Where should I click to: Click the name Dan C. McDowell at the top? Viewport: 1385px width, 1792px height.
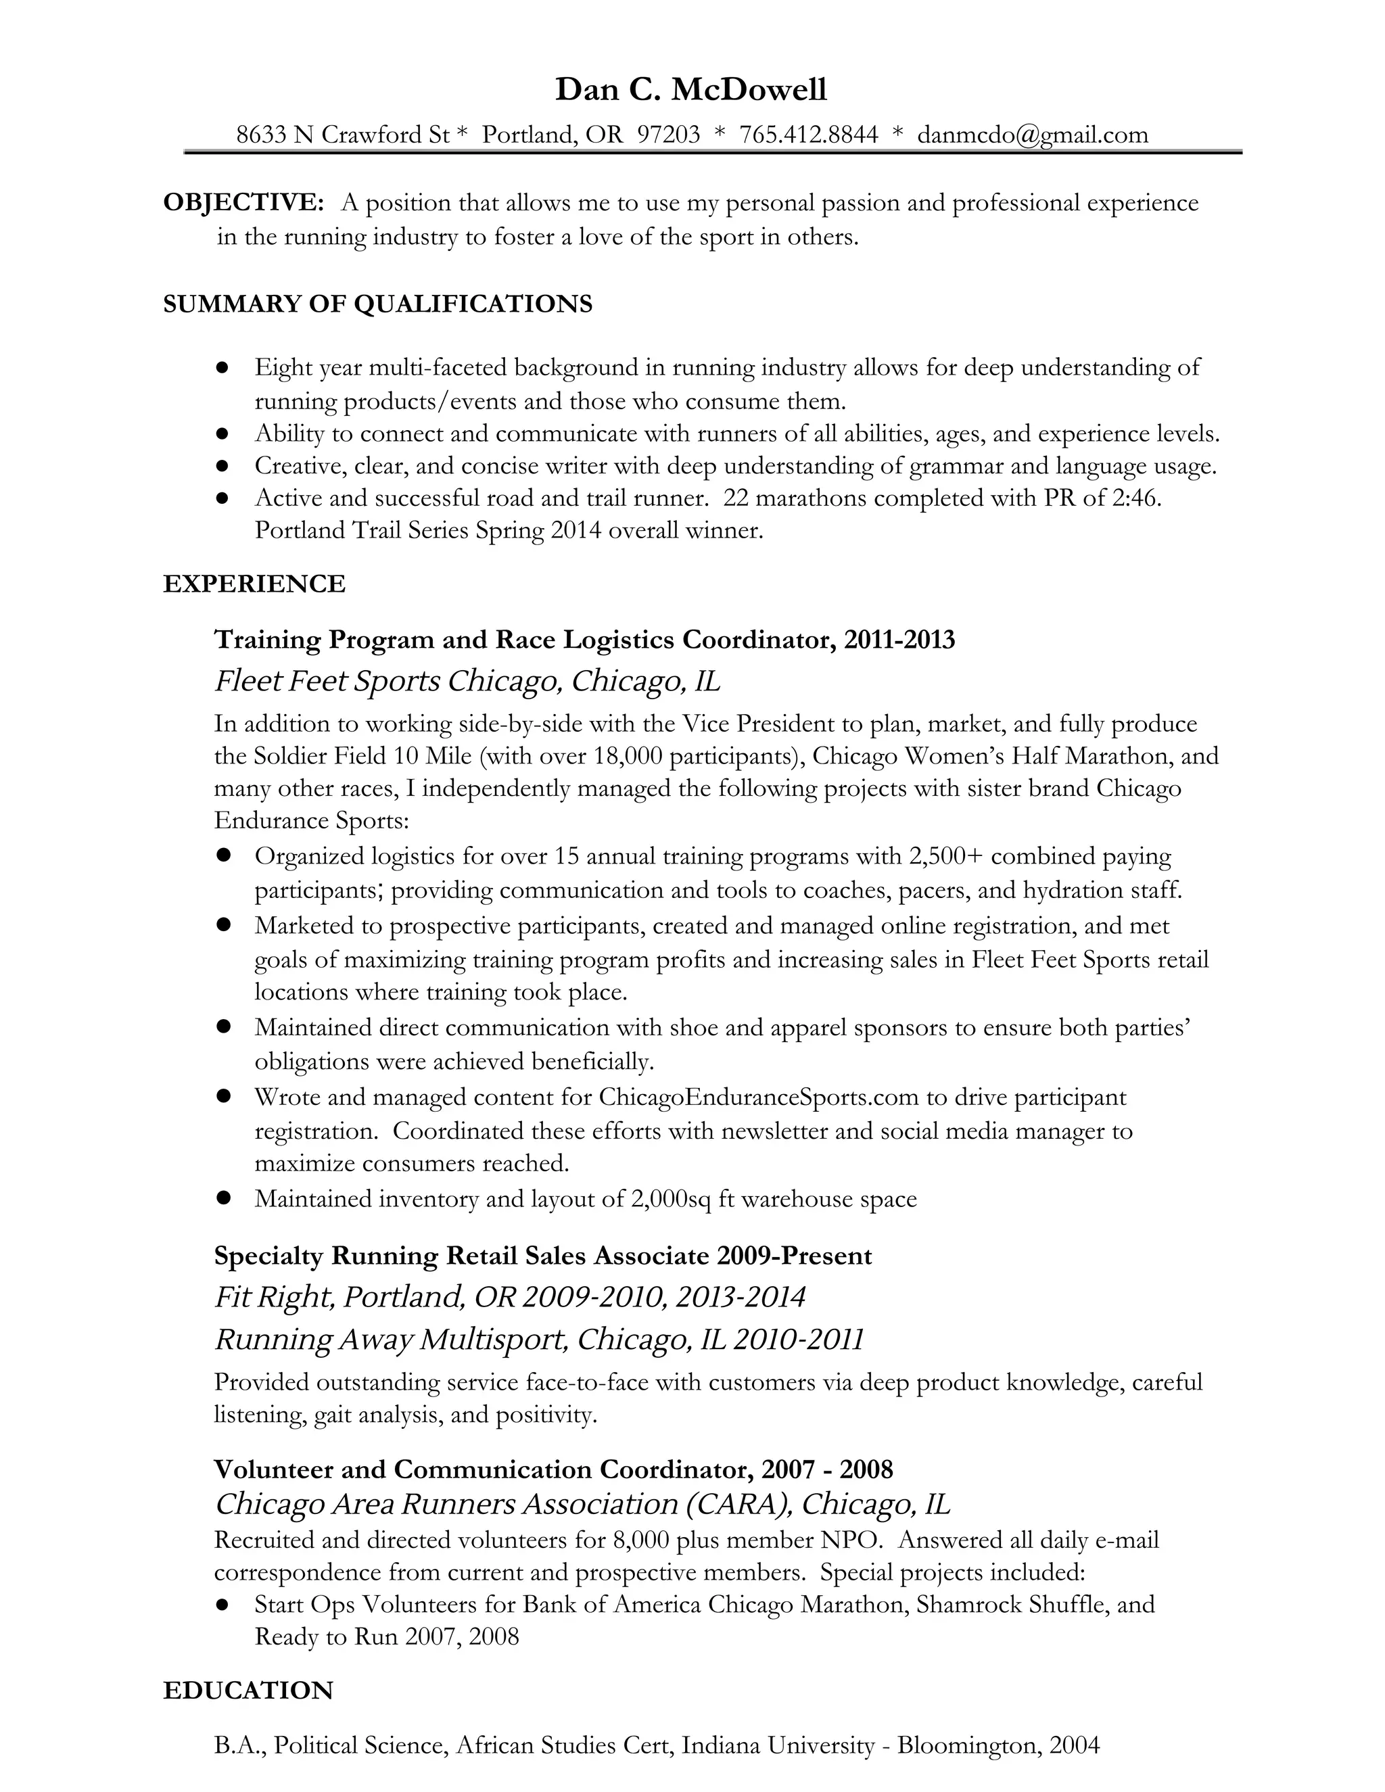[691, 89]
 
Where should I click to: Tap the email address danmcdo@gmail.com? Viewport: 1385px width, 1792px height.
[1032, 134]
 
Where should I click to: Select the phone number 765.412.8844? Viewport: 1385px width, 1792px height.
[808, 134]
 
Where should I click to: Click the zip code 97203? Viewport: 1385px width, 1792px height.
[668, 134]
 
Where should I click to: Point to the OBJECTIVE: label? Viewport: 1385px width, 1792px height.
[243, 203]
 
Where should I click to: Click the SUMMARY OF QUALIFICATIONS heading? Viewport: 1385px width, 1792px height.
[377, 304]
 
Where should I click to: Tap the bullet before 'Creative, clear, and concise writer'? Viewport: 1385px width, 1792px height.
[222, 466]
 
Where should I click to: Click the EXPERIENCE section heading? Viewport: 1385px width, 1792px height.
[254, 584]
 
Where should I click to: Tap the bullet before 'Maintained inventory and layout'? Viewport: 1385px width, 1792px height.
[222, 1199]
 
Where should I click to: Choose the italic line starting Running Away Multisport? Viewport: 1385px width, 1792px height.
[539, 1340]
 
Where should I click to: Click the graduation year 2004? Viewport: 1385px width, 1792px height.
[1074, 1745]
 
